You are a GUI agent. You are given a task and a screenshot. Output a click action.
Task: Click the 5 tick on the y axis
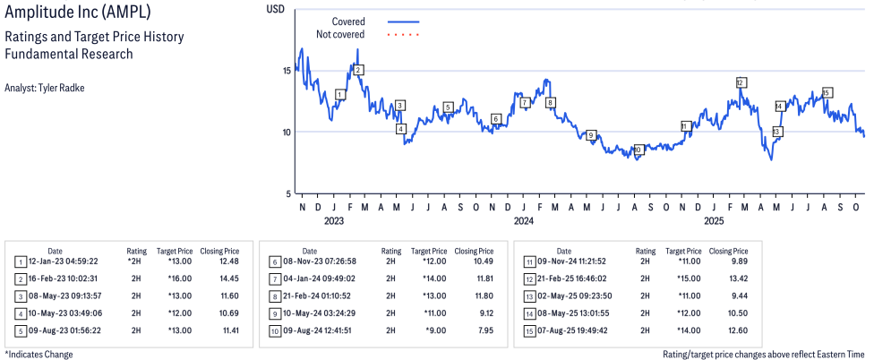click(287, 194)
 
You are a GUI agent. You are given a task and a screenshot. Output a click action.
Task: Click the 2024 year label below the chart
click(523, 220)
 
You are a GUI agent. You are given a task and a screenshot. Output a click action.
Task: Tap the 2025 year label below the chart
click(714, 220)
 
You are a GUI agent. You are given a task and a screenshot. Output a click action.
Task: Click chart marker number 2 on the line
click(358, 70)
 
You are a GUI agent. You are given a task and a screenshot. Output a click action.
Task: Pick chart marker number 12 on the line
click(741, 81)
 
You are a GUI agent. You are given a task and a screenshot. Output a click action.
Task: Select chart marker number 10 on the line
click(638, 150)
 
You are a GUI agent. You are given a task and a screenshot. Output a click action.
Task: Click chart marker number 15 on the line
click(827, 92)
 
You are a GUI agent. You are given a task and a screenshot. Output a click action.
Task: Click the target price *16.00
click(171, 279)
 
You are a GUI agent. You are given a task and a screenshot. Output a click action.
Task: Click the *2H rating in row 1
click(134, 261)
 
